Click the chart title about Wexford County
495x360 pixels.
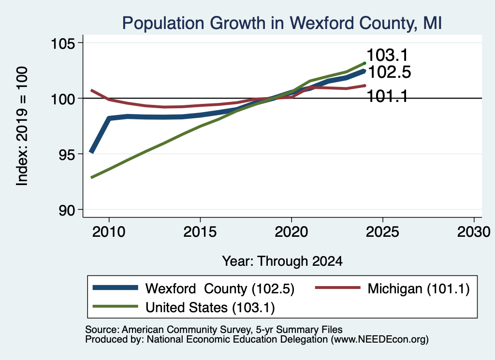tap(282, 23)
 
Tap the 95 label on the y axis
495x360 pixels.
tap(67, 154)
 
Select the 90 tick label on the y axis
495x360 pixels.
tap(67, 210)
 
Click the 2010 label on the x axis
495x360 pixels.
tap(109, 232)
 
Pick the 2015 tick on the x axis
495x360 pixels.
tap(200, 232)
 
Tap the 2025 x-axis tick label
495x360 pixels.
tap(383, 232)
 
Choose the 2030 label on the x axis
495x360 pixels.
tap(474, 232)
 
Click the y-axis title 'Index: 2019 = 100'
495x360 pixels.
tap(22, 126)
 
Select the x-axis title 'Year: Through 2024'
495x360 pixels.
tap(282, 261)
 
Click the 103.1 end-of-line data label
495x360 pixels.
tap(387, 55)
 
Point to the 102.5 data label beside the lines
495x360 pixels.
tap(390, 72)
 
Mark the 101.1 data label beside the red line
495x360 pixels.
tap(387, 96)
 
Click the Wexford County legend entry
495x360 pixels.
tap(193, 288)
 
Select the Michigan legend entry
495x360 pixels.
tap(393, 288)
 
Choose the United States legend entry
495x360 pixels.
tap(183, 307)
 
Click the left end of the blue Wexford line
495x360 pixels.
tap(91, 152)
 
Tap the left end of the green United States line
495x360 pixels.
tap(91, 178)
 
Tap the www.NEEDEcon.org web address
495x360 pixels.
tap(380, 340)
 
